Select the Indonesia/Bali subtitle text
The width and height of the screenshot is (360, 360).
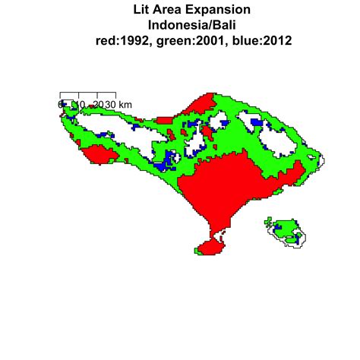[x=180, y=26]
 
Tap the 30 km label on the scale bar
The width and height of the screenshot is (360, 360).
[x=114, y=103]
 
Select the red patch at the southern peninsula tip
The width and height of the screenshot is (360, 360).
[x=207, y=248]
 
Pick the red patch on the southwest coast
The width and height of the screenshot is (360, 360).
[x=99, y=155]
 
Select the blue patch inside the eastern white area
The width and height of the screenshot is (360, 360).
[x=257, y=121]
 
